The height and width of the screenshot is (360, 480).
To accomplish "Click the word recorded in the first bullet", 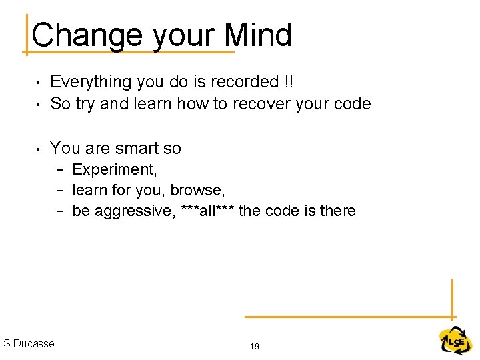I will click(x=247, y=82).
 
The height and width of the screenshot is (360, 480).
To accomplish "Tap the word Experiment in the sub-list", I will click(x=114, y=170).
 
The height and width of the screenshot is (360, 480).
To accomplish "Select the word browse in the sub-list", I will click(x=197, y=191).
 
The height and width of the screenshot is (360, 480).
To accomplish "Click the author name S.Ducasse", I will click(x=29, y=343).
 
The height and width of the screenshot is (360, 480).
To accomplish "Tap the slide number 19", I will click(x=254, y=346).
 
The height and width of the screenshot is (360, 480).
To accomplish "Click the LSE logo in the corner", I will click(x=455, y=341).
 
